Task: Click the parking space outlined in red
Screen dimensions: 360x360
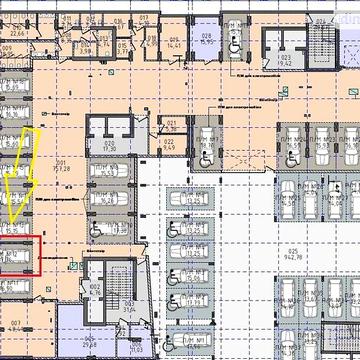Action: point(19,254)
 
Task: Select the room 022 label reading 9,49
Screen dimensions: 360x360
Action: point(170,154)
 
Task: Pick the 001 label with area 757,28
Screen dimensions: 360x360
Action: point(63,166)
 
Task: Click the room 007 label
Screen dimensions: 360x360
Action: point(18,323)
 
